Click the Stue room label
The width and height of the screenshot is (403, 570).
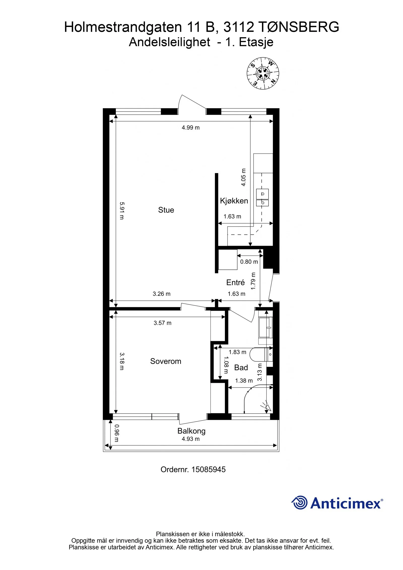(x=166, y=210)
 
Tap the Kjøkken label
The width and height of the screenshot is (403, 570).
(x=234, y=201)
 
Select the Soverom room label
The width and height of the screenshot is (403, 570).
(x=166, y=361)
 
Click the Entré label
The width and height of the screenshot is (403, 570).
(x=236, y=282)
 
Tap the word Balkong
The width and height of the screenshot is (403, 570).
(x=191, y=431)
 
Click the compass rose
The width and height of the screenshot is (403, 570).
(x=263, y=73)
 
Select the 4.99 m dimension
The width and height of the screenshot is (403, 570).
(x=191, y=128)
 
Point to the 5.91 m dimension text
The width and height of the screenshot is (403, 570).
(x=122, y=211)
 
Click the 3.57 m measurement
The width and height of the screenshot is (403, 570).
(x=162, y=323)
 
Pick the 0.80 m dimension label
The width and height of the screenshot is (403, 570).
(x=249, y=262)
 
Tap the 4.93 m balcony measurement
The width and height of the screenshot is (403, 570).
(x=191, y=439)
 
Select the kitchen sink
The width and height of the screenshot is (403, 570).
(x=262, y=197)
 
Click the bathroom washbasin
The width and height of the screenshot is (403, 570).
(x=266, y=327)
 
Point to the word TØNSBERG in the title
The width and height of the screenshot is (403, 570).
(x=299, y=27)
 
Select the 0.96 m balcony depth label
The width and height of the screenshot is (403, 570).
(x=117, y=433)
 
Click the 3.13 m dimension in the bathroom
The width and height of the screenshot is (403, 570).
(x=260, y=372)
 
